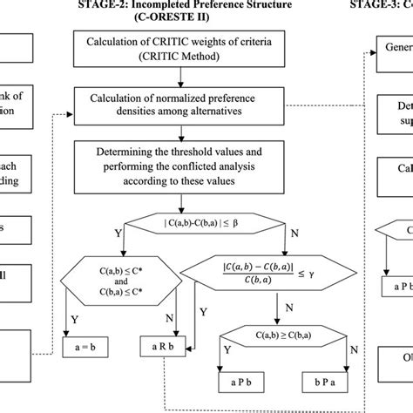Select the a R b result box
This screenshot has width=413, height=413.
tap(163, 347)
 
